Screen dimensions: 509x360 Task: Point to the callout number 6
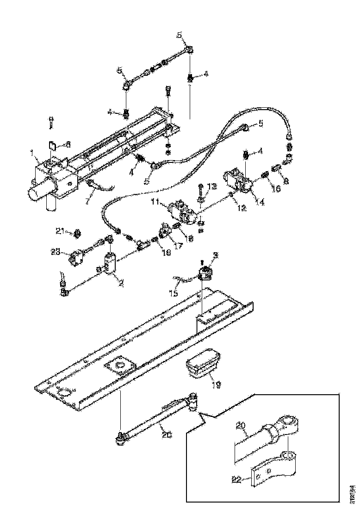[x=68, y=144]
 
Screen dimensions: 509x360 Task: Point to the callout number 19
[x=216, y=384]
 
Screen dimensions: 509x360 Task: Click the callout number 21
[x=59, y=230]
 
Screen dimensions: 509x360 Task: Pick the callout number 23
[x=55, y=252]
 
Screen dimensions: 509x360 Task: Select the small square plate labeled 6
[x=52, y=147]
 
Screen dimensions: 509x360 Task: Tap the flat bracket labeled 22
[x=273, y=474]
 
